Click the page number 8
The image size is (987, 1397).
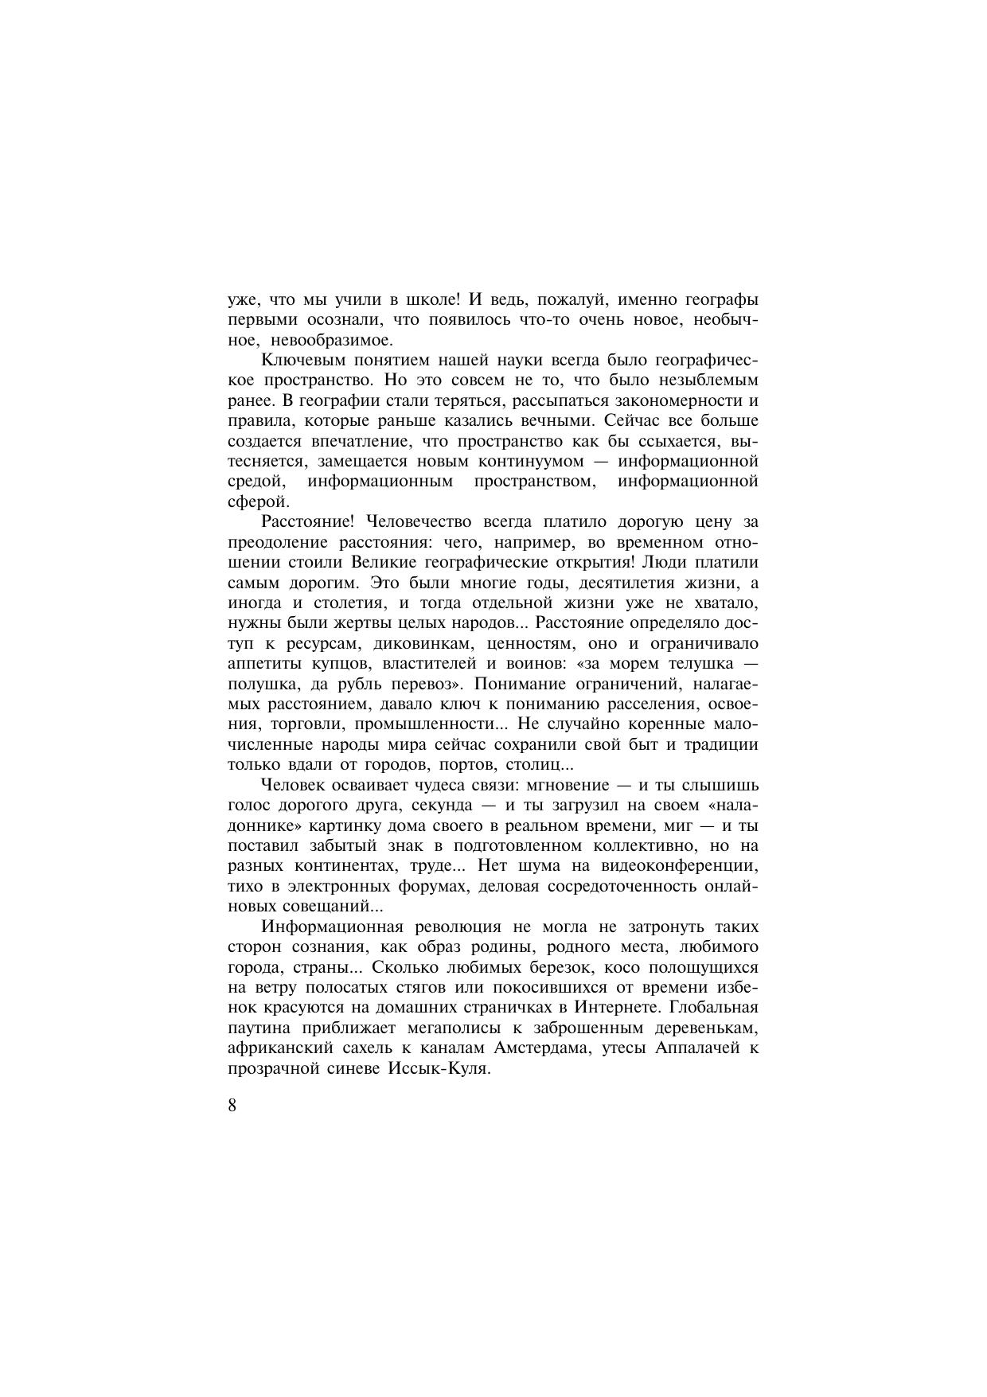tap(232, 1106)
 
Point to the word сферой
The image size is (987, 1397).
tap(256, 502)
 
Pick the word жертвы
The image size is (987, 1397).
tap(346, 623)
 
